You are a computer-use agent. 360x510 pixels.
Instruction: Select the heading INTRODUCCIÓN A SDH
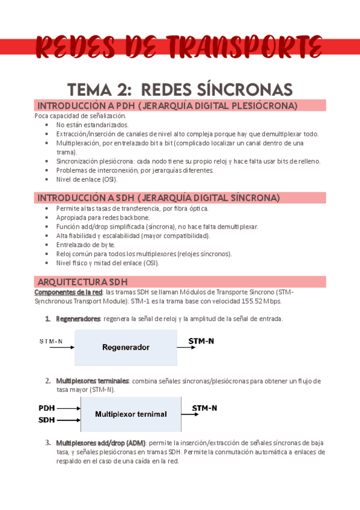[x=158, y=197]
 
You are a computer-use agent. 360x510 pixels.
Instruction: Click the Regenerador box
[x=126, y=347]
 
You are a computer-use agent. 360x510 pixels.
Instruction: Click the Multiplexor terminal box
[x=131, y=414]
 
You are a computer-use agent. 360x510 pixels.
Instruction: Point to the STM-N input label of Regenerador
[x=51, y=342]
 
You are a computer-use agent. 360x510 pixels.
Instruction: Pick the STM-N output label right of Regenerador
[x=202, y=341]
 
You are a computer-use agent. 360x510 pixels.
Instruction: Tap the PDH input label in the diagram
[x=47, y=408]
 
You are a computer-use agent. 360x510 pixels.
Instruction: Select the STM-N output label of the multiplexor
[x=204, y=408]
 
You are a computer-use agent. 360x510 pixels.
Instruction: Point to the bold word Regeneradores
[x=78, y=319]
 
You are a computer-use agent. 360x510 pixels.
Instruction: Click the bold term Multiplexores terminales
[x=93, y=381]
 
